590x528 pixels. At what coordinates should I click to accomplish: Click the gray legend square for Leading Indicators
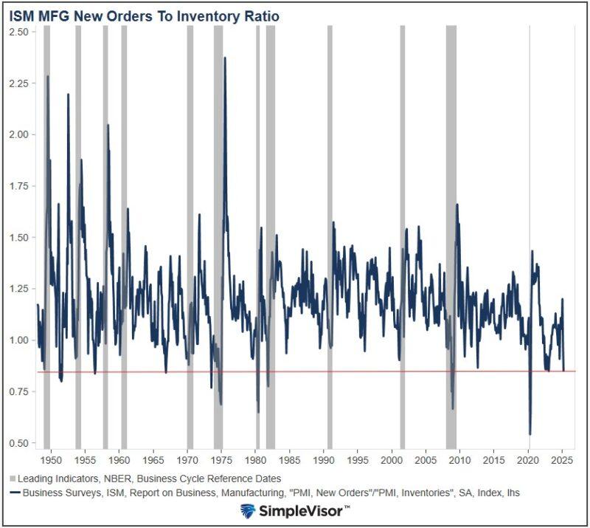14,479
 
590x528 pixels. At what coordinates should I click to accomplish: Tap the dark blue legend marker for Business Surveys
14,493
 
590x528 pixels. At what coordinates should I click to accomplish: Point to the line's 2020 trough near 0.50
530,434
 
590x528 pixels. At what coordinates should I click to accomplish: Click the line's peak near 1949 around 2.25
48,76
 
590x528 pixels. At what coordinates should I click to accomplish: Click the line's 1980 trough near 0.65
258,412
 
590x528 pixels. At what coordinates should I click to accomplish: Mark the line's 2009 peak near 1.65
457,205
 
